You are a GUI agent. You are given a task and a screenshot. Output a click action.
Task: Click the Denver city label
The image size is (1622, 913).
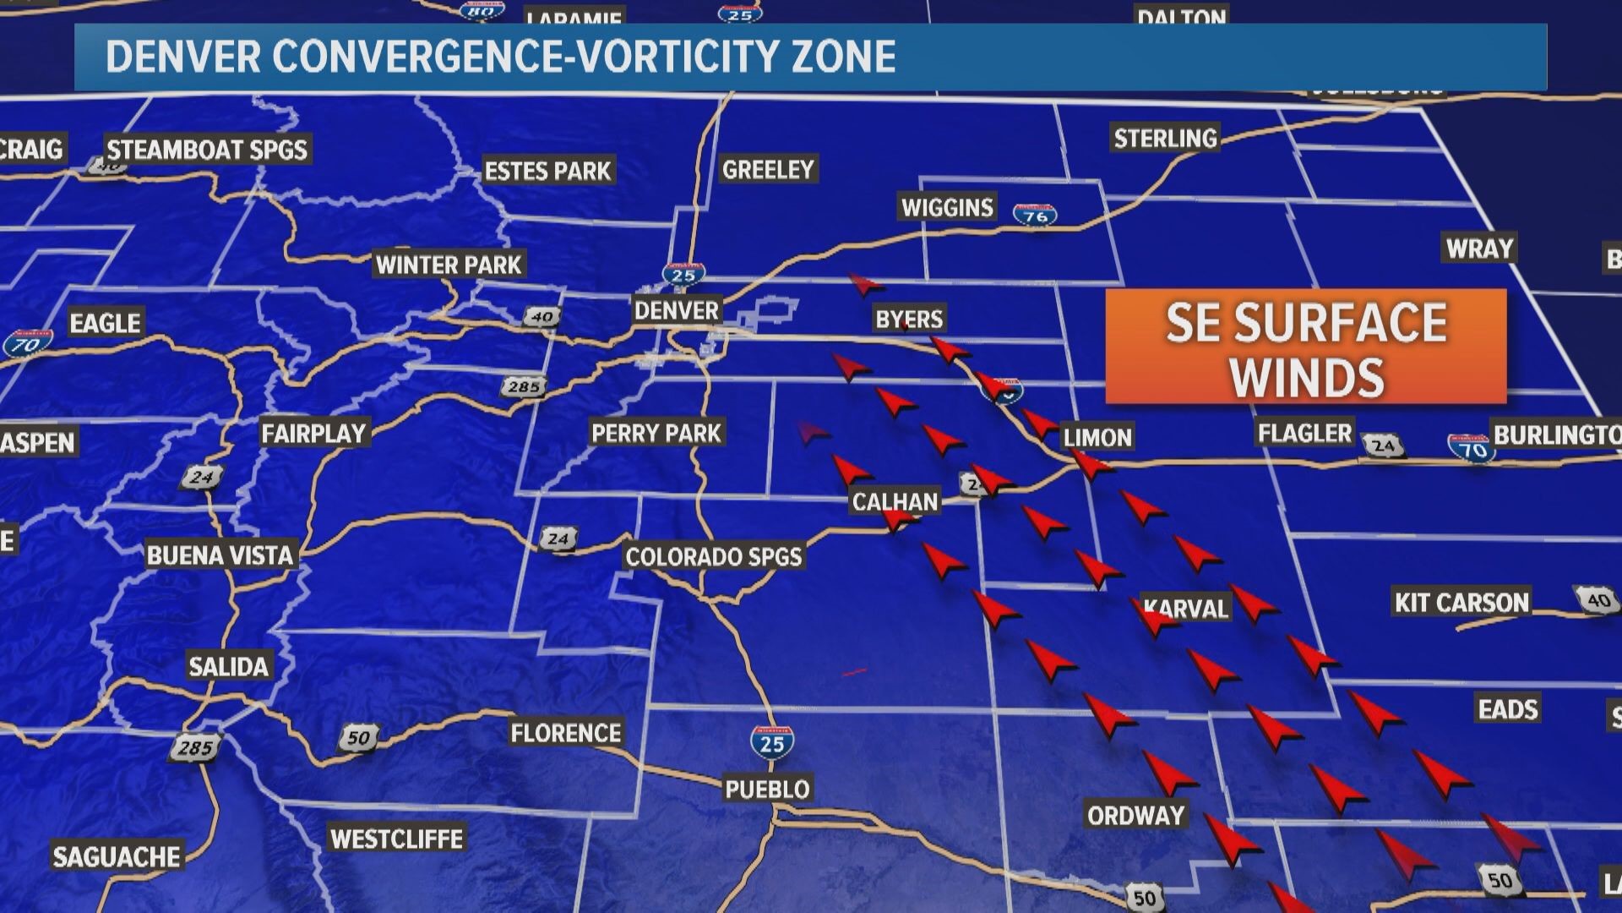676,310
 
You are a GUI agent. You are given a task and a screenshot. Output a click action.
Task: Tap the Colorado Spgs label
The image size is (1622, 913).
713,557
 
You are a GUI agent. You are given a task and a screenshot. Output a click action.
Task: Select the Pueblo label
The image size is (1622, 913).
767,790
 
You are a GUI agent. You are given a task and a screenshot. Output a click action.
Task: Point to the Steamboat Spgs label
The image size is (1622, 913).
207,150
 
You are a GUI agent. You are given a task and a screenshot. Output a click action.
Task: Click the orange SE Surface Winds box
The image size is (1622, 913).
1306,347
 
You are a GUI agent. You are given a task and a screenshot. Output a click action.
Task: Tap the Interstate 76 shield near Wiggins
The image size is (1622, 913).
1036,215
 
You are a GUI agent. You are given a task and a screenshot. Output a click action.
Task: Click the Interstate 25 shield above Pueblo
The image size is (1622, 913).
771,741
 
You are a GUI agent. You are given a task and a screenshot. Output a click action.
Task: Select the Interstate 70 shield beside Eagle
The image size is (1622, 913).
25,344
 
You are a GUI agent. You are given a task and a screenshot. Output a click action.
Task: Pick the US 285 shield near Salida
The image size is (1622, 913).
195,746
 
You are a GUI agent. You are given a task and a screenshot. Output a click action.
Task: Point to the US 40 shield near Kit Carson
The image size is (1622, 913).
1597,599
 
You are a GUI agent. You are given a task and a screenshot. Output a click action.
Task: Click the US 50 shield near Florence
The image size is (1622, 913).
358,737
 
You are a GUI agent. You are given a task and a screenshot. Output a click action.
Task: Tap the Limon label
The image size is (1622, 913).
1097,438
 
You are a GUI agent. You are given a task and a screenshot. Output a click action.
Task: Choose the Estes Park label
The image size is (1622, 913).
547,172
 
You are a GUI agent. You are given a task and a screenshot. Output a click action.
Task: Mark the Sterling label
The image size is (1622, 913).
1165,139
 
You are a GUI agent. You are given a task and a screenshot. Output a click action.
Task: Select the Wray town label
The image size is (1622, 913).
1479,249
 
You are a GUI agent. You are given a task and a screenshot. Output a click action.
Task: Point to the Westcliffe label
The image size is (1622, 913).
396,839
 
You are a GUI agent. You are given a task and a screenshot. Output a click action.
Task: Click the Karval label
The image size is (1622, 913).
1185,609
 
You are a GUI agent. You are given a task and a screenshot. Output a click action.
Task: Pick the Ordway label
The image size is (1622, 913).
1135,816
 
